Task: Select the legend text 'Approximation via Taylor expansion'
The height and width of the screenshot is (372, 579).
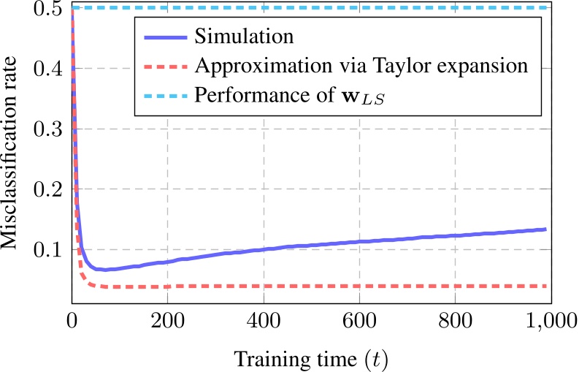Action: pos(361,66)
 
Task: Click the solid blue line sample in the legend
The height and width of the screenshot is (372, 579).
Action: pos(164,37)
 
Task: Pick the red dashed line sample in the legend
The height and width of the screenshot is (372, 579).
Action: pos(164,66)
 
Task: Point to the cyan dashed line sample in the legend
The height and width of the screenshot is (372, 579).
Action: pos(164,95)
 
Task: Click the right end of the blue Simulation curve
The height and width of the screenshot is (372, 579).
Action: pos(545,229)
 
